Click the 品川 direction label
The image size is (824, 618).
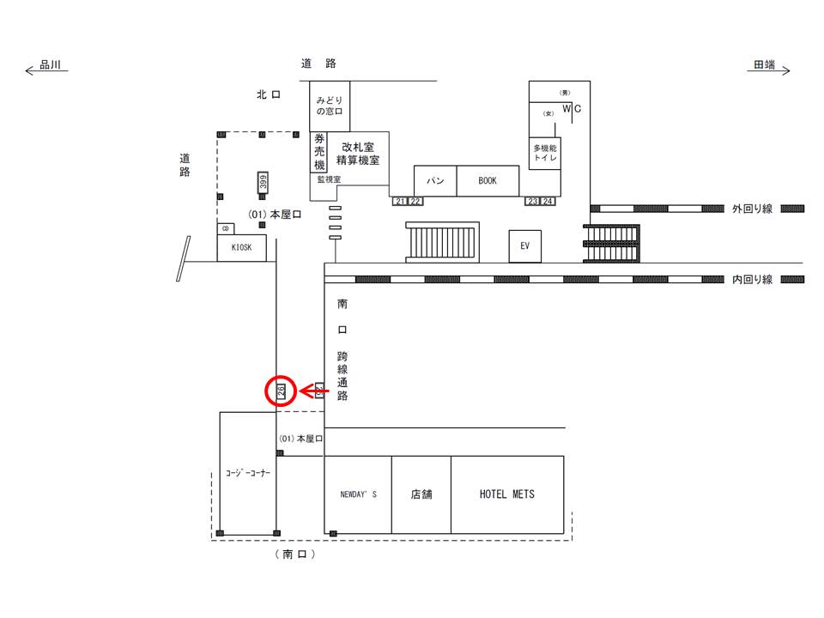point(50,66)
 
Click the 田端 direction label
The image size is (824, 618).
point(764,66)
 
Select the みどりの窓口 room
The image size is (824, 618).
point(329,106)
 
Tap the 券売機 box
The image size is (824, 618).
point(318,152)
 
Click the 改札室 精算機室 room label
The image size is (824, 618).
point(358,154)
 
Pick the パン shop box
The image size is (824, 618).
point(435,181)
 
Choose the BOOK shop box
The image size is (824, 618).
point(488,181)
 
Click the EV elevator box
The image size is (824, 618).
point(525,245)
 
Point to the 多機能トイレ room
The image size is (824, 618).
point(544,153)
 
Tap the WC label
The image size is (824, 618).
point(572,108)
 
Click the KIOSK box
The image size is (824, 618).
point(241,248)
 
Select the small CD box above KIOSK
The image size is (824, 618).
point(226,228)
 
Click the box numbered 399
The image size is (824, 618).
point(264,182)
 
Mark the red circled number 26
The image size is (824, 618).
point(281,391)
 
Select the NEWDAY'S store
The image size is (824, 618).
point(358,494)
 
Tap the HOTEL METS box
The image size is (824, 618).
point(506,494)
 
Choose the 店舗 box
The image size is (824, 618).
point(421,494)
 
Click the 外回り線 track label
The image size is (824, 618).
point(753,209)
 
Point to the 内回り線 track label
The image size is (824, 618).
point(753,280)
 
